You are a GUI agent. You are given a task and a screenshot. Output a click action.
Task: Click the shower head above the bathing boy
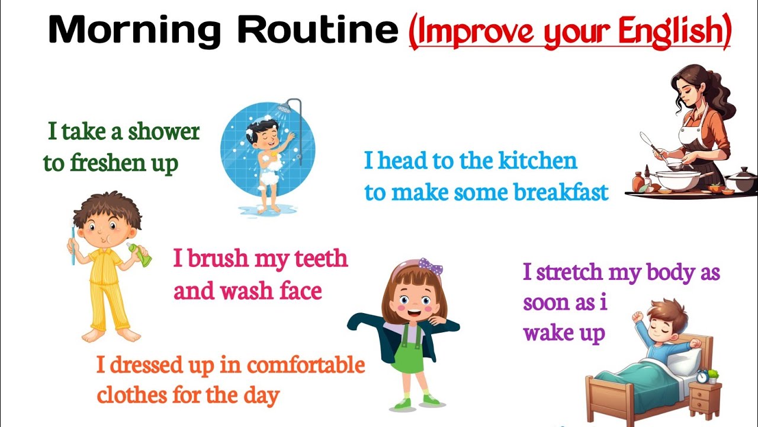pos(285,107)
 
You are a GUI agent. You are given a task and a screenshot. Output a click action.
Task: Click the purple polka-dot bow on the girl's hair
pos(431,266)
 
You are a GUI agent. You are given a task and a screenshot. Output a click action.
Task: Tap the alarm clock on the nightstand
pos(702,376)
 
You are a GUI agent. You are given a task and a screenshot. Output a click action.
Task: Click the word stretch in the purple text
pos(581,273)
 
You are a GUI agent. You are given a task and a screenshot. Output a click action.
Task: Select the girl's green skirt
pos(409,356)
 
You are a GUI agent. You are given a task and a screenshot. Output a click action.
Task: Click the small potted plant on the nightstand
pos(714,375)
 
